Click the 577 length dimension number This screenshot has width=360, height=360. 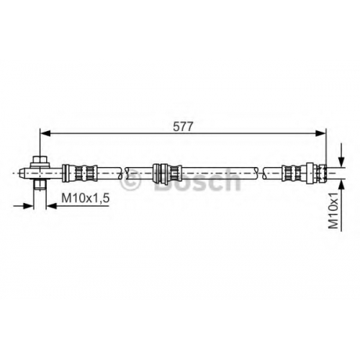(x=183, y=127)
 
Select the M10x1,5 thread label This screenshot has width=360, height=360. (x=86, y=198)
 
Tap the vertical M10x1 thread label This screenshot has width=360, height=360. (x=333, y=210)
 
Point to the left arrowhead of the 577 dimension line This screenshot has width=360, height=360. (x=45, y=133)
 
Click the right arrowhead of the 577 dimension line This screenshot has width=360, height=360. (x=320, y=133)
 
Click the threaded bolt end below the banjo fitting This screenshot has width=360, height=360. (x=40, y=185)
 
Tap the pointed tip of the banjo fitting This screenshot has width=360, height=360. (x=22, y=173)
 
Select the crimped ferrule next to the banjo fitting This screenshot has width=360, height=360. (x=80, y=173)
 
